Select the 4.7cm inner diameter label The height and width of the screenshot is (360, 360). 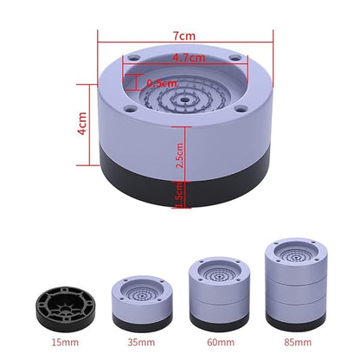click(x=188, y=58)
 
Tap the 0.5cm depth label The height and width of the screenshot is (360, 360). click(x=163, y=83)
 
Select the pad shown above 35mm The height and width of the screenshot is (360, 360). click(x=136, y=299)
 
